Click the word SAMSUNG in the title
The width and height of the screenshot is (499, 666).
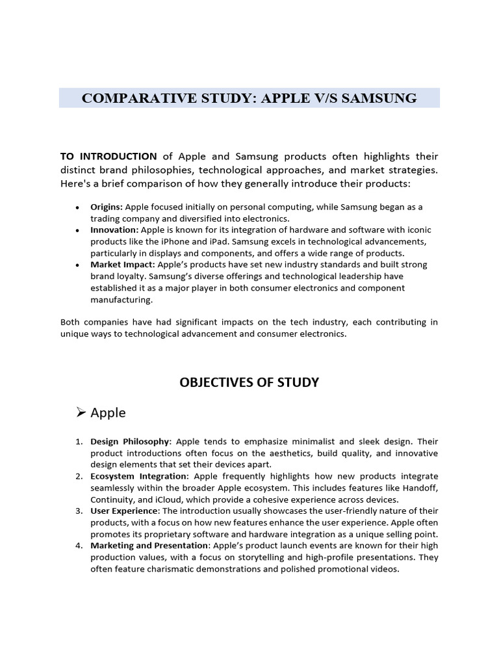pos(379,98)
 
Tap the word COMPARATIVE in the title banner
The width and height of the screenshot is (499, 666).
pos(125,98)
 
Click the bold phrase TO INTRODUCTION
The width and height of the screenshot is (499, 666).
pos(109,156)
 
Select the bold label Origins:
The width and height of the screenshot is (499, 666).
pos(107,207)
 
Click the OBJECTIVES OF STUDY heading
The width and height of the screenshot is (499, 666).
pos(249,382)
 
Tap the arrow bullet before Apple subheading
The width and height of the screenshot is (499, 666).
pos(81,412)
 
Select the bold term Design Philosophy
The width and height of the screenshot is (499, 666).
pos(130,442)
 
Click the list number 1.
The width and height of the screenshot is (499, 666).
pos(78,442)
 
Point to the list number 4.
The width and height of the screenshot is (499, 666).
pos(78,546)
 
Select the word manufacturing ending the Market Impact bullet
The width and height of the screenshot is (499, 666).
pos(122,300)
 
